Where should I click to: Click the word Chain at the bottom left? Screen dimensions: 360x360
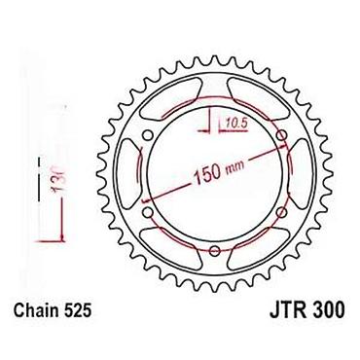tap(34, 310)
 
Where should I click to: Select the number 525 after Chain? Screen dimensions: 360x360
tap(76, 310)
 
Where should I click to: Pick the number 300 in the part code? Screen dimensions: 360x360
tap(328, 310)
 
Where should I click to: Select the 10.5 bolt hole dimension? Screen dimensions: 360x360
tap(236, 123)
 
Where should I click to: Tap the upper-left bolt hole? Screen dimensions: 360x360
tap(148, 135)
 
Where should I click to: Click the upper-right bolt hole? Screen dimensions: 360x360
tap(282, 135)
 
